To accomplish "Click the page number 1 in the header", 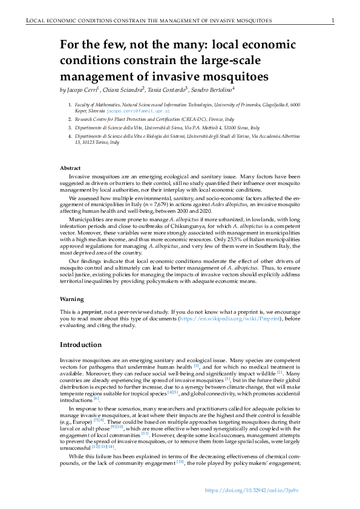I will [333, 21].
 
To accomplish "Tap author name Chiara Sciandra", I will [123, 90].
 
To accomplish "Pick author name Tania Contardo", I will [167, 90].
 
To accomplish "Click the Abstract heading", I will [71, 167].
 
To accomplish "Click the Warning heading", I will [71, 299].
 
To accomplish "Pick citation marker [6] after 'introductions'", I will [96, 399].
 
